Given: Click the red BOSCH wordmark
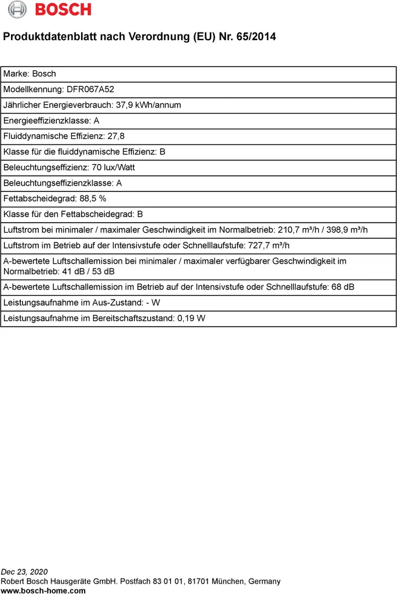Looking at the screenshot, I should pyautogui.click(x=63, y=10).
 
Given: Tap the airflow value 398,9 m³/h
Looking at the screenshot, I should pyautogui.click(x=345, y=230).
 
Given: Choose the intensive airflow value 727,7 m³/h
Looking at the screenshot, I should pyautogui.click(x=268, y=245).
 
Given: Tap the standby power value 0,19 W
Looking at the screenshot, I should pyautogui.click(x=192, y=318).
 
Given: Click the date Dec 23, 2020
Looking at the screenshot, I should pyautogui.click(x=24, y=572).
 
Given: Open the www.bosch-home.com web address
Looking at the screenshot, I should pyautogui.click(x=43, y=591).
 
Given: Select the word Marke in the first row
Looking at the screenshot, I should pyautogui.click(x=15, y=74).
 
